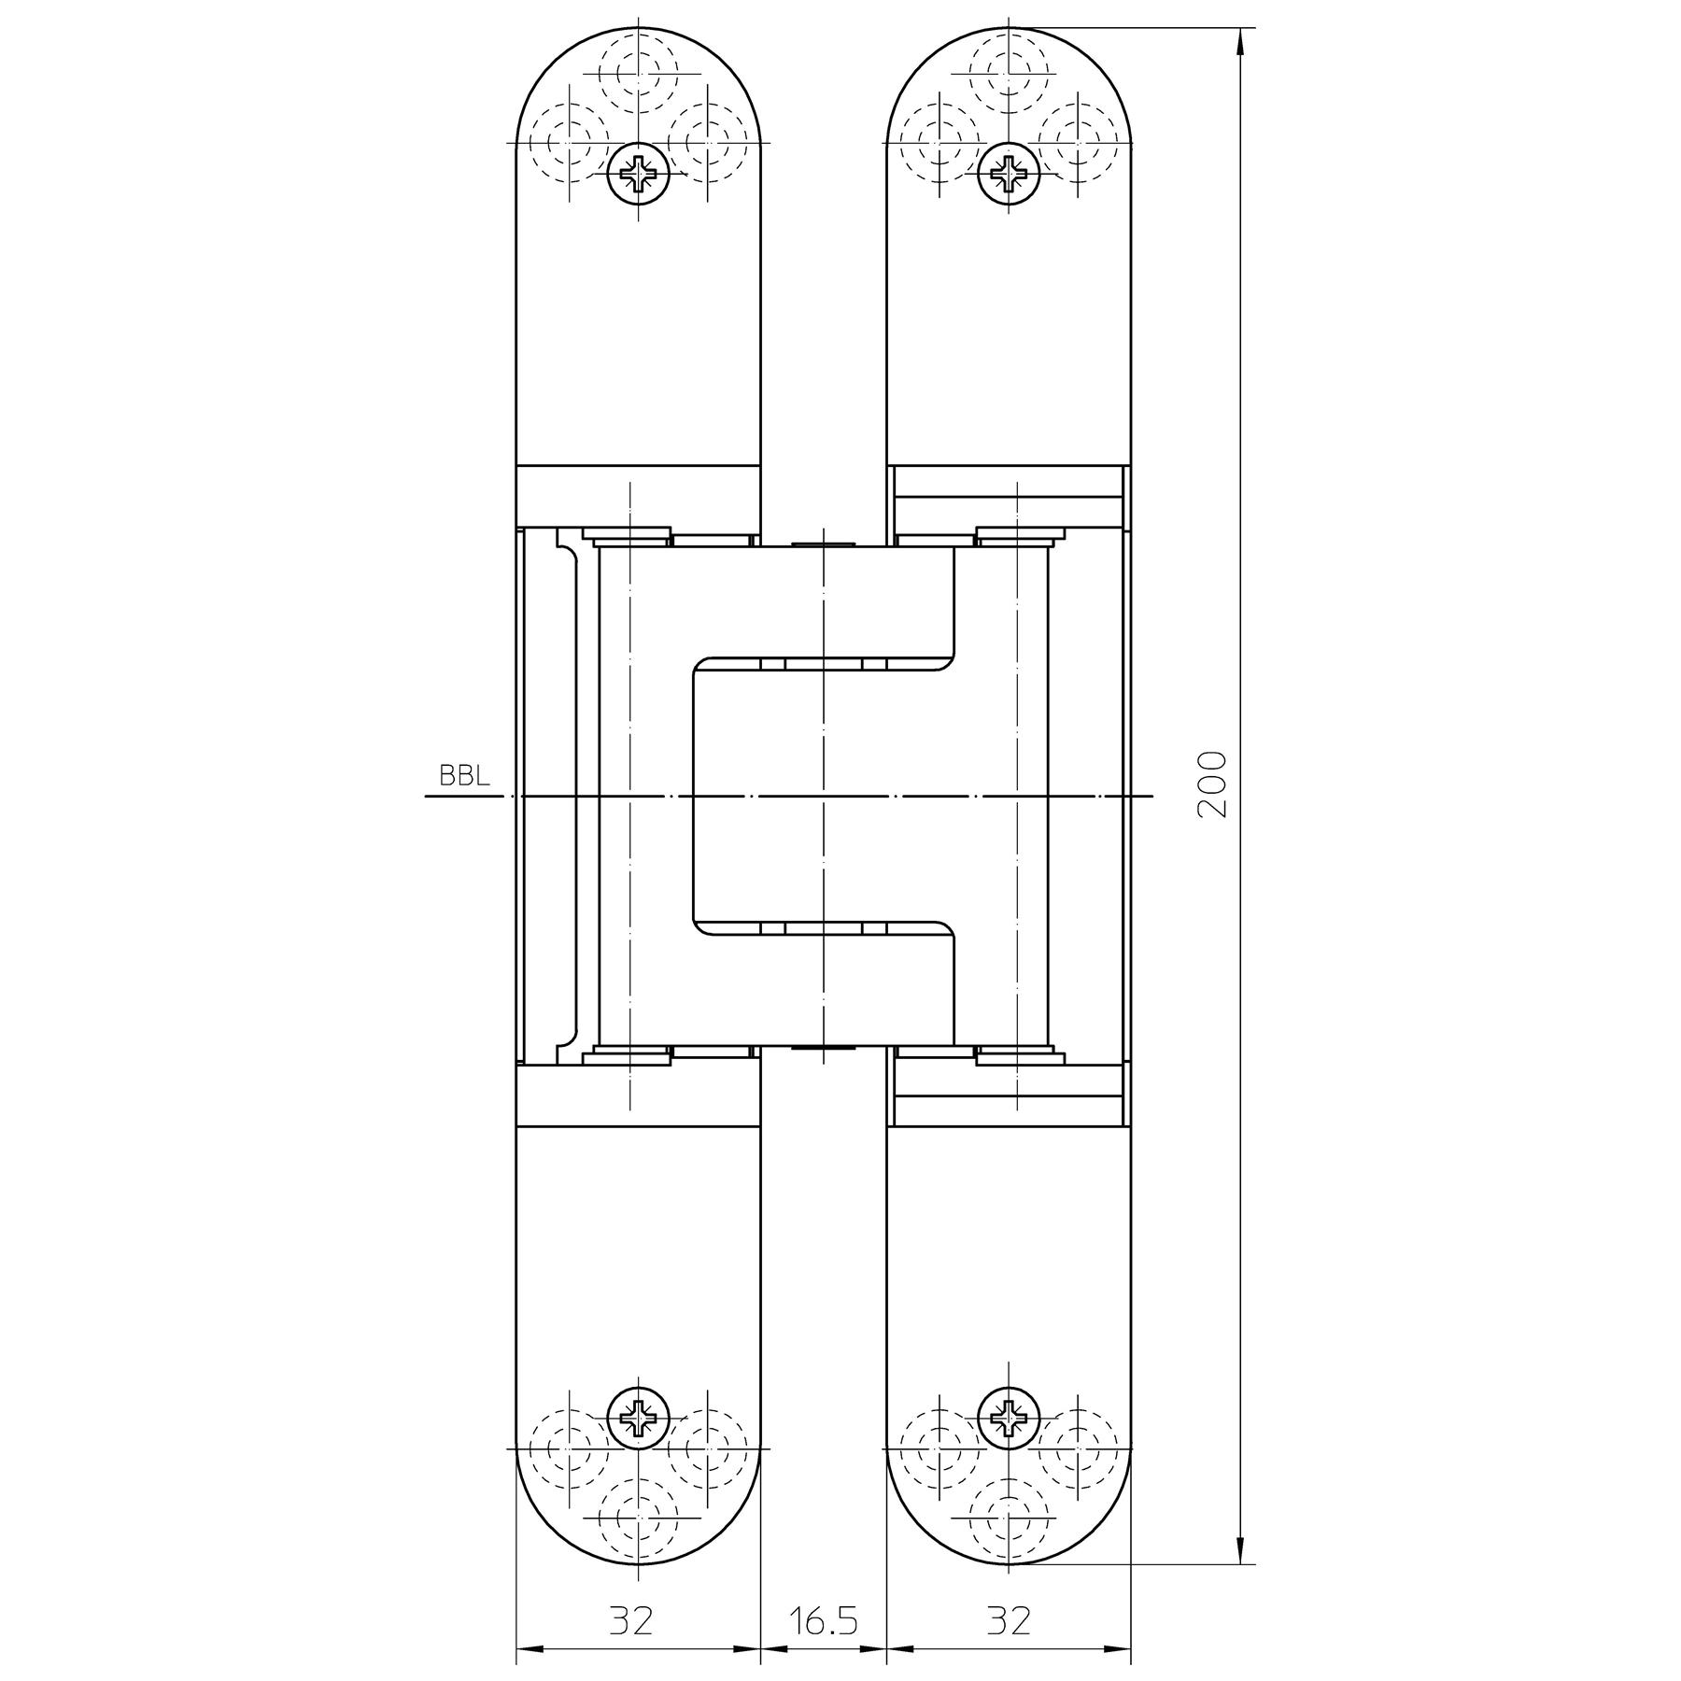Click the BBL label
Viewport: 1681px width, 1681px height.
[464, 777]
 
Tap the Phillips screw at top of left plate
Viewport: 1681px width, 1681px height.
[639, 173]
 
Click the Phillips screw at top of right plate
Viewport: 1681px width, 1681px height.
[1008, 173]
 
